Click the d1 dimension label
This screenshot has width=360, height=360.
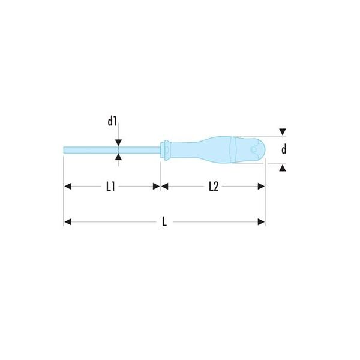[112, 121]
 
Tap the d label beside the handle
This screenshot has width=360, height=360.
[284, 149]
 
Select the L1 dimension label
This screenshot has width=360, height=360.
[110, 187]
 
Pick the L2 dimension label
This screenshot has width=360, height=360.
[214, 187]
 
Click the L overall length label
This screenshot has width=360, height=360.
[164, 222]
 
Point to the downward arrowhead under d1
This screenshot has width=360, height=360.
[118, 143]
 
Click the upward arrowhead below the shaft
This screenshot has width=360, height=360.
[118, 157]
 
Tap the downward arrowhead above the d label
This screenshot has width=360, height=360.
[283, 132]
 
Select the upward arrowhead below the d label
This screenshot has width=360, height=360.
[283, 168]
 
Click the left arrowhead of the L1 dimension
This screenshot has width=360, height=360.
[68, 187]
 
